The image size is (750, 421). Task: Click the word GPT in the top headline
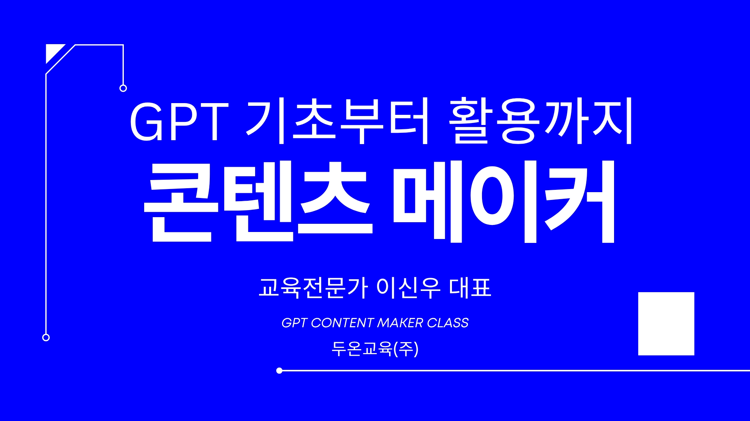pos(179,121)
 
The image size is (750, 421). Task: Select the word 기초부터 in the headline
pos(338,121)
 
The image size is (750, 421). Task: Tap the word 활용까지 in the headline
pos(541,121)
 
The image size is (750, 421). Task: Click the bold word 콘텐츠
pos(258,201)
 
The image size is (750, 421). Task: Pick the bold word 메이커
pos(504,201)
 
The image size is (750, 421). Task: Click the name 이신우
pos(409,288)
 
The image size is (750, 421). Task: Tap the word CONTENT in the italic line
pos(342,323)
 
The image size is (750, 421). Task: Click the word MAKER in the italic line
pos(400,323)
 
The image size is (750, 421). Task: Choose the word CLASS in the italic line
pos(448,323)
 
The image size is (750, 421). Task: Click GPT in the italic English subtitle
pos(295,323)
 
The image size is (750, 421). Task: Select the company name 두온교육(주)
pos(375,349)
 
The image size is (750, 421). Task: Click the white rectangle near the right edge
pos(666,324)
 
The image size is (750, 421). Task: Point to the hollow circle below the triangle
pos(123,88)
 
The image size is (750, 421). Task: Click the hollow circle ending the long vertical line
pos(46,337)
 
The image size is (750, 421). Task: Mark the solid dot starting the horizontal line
pos(279,371)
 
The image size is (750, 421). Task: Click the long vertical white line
pos(46,203)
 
